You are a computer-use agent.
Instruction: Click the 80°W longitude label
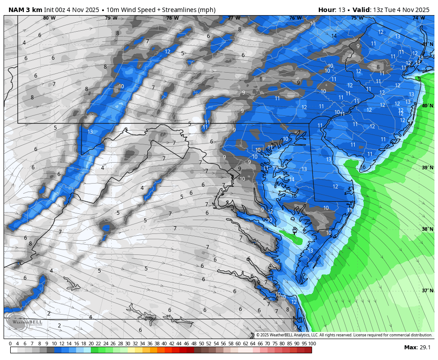(x=49, y=18)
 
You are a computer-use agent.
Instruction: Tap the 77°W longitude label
(x=234, y=18)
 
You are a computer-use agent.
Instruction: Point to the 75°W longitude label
(x=357, y=18)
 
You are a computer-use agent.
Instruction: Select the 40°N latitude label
(x=427, y=106)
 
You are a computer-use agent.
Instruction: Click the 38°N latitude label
(x=427, y=229)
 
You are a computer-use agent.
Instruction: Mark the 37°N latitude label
(x=427, y=290)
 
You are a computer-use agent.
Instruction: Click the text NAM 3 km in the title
(x=25, y=10)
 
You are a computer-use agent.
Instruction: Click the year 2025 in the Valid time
(x=420, y=10)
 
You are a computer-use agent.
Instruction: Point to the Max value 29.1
(x=425, y=348)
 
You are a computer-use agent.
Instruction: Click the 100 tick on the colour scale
(x=312, y=344)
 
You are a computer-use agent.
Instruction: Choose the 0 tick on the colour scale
(x=11, y=344)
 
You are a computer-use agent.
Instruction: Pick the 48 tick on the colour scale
(x=194, y=344)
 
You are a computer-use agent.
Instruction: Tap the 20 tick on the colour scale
(x=91, y=344)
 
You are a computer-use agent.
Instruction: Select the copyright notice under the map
(x=344, y=335)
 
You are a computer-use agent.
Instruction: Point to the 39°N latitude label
(x=427, y=168)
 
